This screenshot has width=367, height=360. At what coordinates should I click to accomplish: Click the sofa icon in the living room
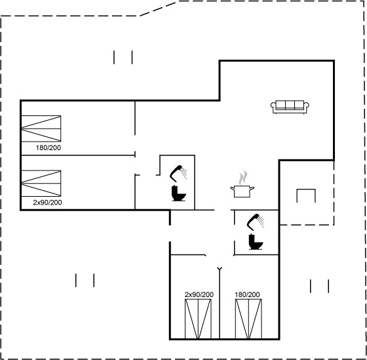(290, 107)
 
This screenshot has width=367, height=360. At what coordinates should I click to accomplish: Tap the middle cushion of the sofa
(290, 105)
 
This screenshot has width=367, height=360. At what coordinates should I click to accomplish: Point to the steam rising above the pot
(243, 177)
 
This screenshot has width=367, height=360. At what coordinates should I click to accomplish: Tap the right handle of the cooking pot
(252, 188)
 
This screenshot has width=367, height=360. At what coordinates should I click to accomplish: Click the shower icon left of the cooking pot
(178, 174)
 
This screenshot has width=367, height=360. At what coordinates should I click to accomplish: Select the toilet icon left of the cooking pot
(178, 193)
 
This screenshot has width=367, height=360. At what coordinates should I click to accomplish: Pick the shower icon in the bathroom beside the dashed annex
(256, 222)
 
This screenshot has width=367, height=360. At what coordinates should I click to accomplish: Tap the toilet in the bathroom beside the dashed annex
(256, 242)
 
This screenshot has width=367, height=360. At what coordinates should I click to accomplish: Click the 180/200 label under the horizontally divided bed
(48, 148)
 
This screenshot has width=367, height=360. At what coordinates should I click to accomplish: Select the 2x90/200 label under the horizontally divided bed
(47, 203)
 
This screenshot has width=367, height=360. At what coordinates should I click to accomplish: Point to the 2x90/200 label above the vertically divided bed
(199, 294)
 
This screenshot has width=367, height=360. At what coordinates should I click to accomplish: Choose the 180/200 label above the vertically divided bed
(247, 294)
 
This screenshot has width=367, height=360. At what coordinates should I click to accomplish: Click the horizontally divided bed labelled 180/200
(41, 129)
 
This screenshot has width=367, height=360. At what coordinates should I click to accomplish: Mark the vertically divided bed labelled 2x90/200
(198, 319)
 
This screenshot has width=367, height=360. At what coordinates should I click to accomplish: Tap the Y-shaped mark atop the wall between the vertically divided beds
(220, 268)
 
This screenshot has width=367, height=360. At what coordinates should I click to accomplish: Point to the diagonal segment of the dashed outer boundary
(158, 9)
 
